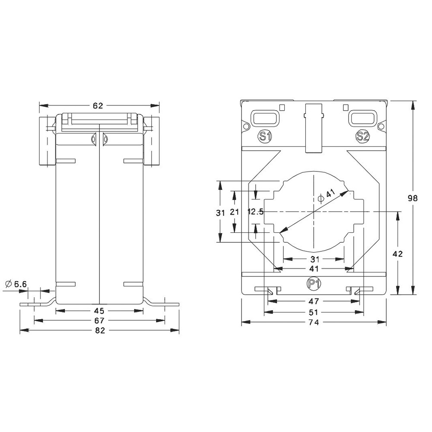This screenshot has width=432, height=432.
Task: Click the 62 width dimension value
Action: point(98,106)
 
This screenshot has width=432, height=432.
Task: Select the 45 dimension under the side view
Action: point(99,310)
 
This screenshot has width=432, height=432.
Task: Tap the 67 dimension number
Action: point(99,321)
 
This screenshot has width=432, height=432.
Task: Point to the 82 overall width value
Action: point(99,330)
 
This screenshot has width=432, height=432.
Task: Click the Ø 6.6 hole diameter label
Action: point(16,284)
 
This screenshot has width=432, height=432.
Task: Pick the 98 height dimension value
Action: point(413,198)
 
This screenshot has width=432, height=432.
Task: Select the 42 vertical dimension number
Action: point(398,254)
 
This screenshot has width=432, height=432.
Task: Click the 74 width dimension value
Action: point(314,322)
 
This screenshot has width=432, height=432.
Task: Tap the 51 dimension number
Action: point(314,312)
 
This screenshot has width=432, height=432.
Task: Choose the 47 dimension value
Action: point(314,301)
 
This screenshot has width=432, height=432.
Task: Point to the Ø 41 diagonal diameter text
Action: point(327,197)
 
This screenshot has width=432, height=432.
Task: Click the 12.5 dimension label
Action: point(255,212)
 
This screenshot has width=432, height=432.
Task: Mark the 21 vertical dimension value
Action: point(235,212)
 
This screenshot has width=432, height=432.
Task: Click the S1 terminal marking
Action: point(265,137)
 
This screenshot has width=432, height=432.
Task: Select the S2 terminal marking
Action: point(362,137)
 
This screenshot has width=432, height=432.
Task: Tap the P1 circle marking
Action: point(313,284)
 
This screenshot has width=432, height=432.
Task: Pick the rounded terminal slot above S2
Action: point(362,117)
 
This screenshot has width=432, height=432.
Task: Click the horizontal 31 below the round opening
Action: point(314,259)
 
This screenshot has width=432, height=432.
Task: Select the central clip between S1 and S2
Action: point(314,128)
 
